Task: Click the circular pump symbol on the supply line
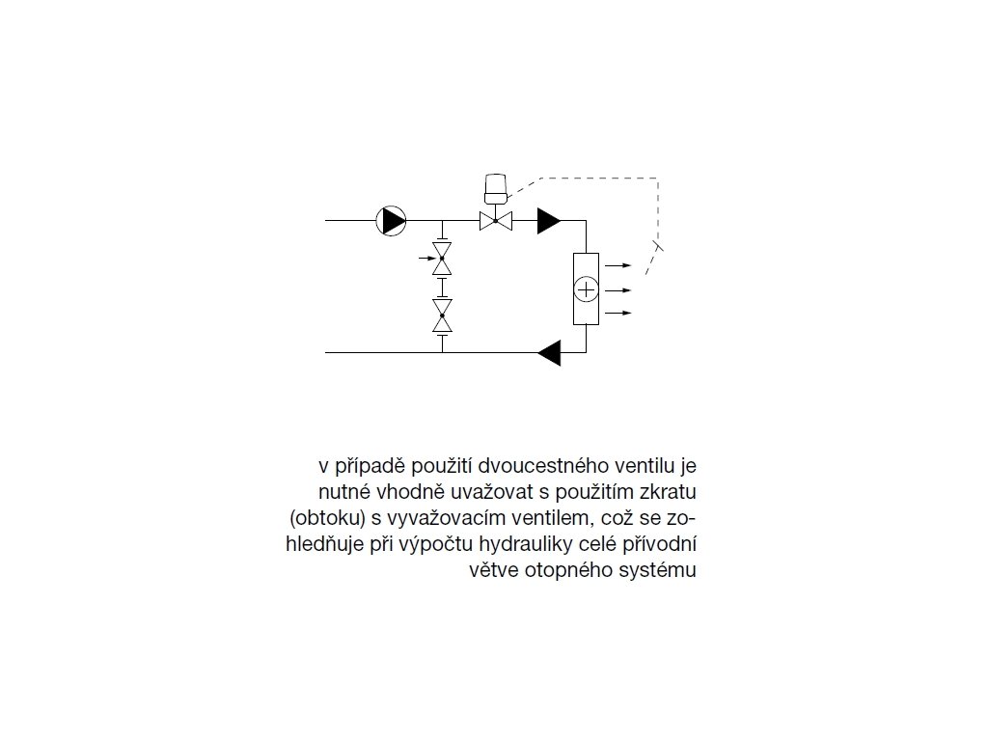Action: (391, 221)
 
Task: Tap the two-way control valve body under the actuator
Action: (495, 221)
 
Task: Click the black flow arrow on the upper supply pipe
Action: (549, 221)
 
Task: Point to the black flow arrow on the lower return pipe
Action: (549, 353)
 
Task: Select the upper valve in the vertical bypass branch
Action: (442, 258)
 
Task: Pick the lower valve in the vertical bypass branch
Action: (442, 316)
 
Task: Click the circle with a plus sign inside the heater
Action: (586, 288)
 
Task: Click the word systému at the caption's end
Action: (663, 569)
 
